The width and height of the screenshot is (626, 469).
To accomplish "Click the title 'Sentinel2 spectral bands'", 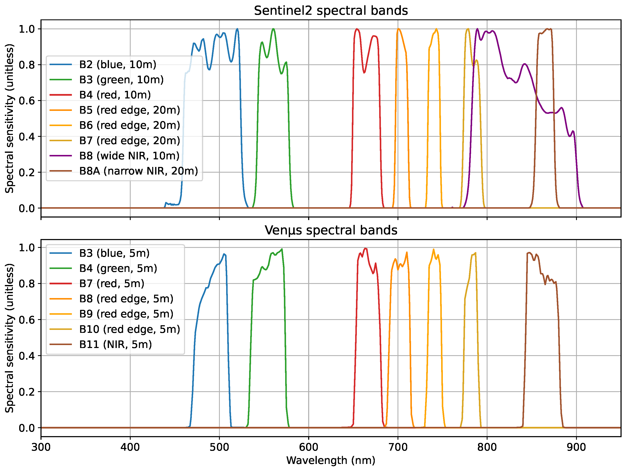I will tap(330, 11).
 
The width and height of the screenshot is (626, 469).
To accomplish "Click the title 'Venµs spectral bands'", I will tap(330, 230).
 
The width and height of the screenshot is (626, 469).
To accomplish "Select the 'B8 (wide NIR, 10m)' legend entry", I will tap(129, 156).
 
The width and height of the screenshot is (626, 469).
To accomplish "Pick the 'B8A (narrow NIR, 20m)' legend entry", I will tap(138, 171).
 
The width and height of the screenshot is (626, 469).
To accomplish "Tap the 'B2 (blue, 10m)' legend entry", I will tap(117, 65).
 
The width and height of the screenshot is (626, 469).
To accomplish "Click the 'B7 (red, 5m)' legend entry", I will tap(111, 284).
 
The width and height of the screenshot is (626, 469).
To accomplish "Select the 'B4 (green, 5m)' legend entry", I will tap(118, 268).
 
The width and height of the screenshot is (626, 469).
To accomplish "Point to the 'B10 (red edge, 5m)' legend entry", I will tap(129, 329).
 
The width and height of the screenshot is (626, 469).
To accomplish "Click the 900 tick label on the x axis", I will tap(576, 447).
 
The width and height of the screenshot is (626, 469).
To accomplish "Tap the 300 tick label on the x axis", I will tap(41, 447).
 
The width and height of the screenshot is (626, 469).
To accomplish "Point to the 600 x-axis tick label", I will tap(309, 447).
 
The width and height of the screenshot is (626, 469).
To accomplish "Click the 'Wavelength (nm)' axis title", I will tap(330, 461).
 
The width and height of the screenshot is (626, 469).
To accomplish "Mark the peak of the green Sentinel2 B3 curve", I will tap(273, 29).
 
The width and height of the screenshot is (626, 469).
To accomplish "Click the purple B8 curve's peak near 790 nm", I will tap(477, 29).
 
